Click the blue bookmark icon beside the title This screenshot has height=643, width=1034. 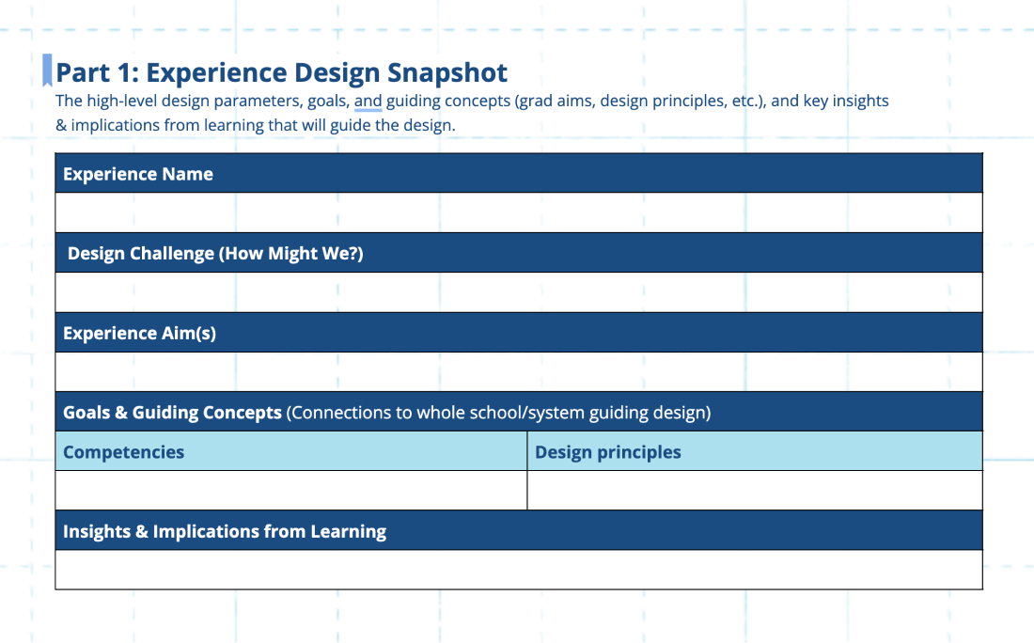pyautogui.click(x=47, y=70)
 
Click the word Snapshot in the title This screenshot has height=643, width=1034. pyautogui.click(x=447, y=73)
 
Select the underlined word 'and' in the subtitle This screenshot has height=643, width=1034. pyautogui.click(x=368, y=101)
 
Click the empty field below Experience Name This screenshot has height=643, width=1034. pyautogui.click(x=519, y=212)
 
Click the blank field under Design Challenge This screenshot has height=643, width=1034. pyautogui.click(x=519, y=292)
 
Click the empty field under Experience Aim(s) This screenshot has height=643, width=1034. pyautogui.click(x=519, y=372)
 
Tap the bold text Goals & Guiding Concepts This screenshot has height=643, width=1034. pyautogui.click(x=172, y=413)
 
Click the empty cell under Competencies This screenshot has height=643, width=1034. pyautogui.click(x=290, y=490)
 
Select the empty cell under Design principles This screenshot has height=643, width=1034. pyautogui.click(x=755, y=490)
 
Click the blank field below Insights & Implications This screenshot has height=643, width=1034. pyautogui.click(x=519, y=570)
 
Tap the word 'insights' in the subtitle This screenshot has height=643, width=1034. pyautogui.click(x=860, y=101)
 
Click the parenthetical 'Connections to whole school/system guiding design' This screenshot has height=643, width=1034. pyautogui.click(x=498, y=413)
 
